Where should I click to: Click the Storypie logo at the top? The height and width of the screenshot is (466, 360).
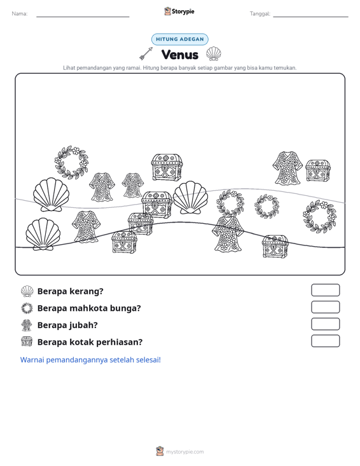pyautogui.click(x=179, y=11)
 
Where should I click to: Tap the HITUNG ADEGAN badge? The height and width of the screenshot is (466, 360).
pyautogui.click(x=180, y=39)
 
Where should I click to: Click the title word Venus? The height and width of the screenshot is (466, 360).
pyautogui.click(x=180, y=55)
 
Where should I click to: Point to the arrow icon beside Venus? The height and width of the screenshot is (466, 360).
pyautogui.click(x=146, y=53)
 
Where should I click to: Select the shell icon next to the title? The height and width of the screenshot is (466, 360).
pyautogui.click(x=214, y=54)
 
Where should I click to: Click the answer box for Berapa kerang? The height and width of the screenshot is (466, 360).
pyautogui.click(x=325, y=290)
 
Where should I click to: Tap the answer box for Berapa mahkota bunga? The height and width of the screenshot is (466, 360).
pyautogui.click(x=325, y=307)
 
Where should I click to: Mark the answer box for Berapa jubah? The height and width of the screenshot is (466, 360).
pyautogui.click(x=325, y=324)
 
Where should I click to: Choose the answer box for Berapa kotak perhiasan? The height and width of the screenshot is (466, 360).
pyautogui.click(x=325, y=341)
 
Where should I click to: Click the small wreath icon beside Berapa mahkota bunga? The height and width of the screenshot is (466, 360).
pyautogui.click(x=27, y=308)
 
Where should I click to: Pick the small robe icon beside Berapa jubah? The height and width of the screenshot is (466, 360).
pyautogui.click(x=27, y=325)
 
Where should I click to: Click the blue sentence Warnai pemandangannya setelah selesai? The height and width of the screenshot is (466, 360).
pyautogui.click(x=90, y=360)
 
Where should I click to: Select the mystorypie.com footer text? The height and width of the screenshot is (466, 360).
pyautogui.click(x=185, y=452)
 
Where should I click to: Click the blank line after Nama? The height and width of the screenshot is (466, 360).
pyautogui.click(x=83, y=17)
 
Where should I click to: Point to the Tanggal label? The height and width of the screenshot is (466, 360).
pyautogui.click(x=260, y=14)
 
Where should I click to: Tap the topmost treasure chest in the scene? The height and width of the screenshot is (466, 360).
pyautogui.click(x=167, y=167)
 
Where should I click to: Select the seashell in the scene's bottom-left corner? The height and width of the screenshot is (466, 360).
pyautogui.click(x=43, y=234)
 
